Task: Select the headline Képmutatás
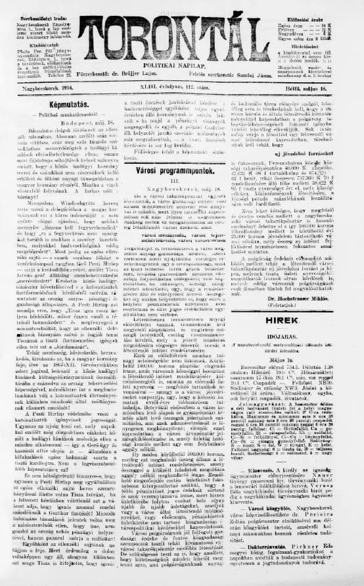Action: point(62,104)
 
